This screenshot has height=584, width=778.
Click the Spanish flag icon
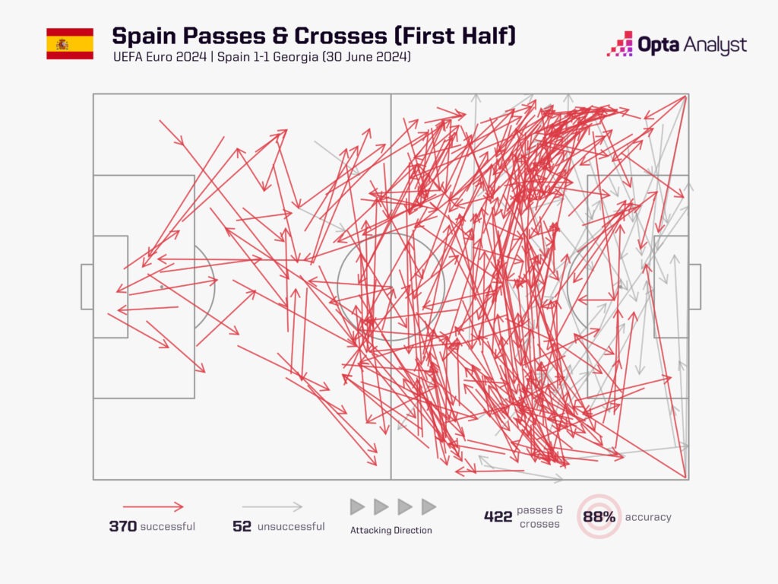tap(70, 43)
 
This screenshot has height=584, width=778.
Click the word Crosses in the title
tap(340, 36)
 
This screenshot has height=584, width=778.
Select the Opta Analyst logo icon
tap(620, 43)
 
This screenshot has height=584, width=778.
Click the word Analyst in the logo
tap(715, 45)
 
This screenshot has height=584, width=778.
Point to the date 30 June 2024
tap(367, 56)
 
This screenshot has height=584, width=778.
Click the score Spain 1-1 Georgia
tap(267, 56)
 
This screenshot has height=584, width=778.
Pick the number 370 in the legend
tap(122, 526)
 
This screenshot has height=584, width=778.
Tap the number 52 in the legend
tap(242, 526)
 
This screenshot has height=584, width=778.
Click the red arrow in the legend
tap(153, 507)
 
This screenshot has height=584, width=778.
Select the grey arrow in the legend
tap(273, 507)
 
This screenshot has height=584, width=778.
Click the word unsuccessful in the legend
tap(291, 526)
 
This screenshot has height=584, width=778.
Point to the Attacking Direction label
tap(391, 530)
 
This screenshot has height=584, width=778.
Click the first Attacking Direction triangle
tap(357, 507)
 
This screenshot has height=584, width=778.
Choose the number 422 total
tap(498, 516)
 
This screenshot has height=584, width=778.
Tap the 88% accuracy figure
tap(599, 517)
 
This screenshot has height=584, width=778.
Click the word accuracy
tap(648, 517)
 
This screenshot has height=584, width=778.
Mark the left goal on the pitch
tap(87, 287)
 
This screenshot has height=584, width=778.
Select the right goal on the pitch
tap(694, 287)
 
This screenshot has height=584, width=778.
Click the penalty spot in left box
tap(162, 287)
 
